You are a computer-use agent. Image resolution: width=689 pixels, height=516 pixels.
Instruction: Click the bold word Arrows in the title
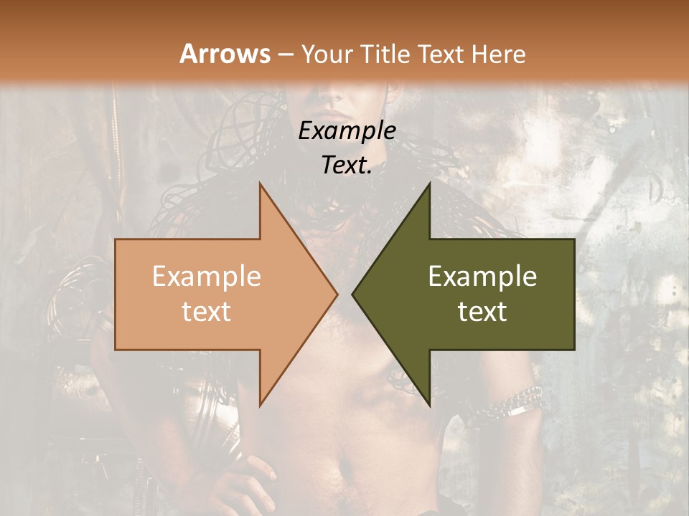[225, 54]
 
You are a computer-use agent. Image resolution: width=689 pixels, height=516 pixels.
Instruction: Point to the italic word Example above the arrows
[347, 130]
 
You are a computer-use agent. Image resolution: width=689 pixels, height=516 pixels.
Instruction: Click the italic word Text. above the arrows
[347, 165]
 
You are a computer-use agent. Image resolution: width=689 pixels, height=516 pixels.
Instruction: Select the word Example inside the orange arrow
[207, 276]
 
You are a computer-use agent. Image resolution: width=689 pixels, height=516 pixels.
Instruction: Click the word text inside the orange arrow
[207, 311]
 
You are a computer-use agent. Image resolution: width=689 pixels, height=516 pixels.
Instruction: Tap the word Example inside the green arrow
[482, 276]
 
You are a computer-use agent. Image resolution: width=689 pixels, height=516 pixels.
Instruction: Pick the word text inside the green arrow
[482, 311]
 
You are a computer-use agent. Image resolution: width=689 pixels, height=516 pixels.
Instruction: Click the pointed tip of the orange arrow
[337, 294]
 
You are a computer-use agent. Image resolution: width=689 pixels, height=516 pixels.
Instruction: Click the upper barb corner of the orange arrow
[260, 184]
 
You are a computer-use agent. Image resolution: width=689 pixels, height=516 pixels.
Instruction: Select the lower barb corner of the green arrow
[429, 405]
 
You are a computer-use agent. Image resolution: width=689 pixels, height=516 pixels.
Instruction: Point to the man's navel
[345, 469]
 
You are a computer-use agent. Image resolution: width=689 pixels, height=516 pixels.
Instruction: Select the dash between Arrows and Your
[285, 54]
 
